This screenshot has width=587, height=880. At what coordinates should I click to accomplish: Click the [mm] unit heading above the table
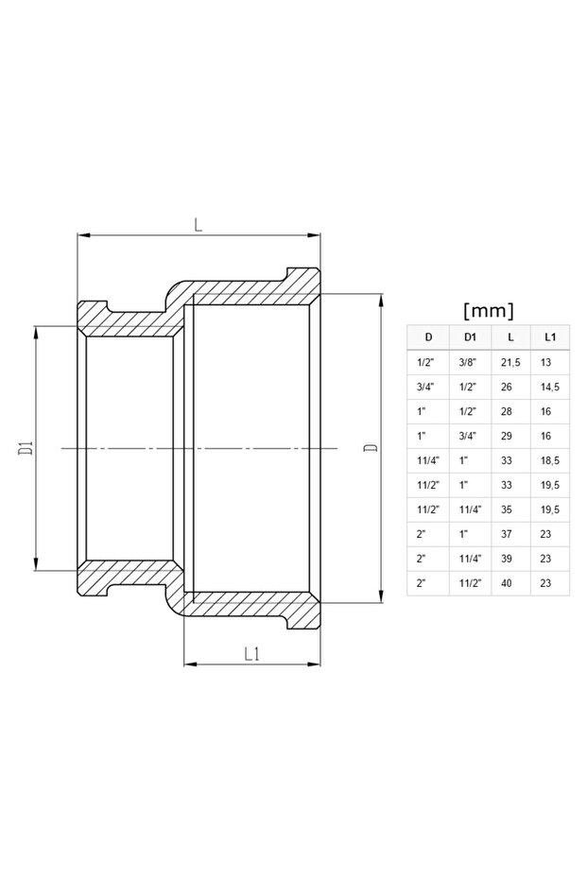tap(489, 309)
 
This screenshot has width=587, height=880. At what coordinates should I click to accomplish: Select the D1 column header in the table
tap(470, 336)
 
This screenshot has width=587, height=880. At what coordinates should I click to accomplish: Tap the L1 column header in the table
tap(549, 336)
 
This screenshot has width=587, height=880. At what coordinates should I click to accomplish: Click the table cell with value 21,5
tap(509, 361)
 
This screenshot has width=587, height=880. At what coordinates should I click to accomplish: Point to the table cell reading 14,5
tap(549, 386)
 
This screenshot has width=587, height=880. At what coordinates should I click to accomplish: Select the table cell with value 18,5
tap(549, 459)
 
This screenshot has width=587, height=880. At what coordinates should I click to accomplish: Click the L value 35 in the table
tap(507, 509)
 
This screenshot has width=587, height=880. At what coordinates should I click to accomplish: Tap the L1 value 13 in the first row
tap(545, 361)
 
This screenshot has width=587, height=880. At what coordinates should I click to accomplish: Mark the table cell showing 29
tap(507, 435)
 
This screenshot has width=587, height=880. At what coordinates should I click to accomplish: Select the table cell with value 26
tap(507, 386)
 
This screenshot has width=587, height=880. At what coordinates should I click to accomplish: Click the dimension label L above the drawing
tap(198, 225)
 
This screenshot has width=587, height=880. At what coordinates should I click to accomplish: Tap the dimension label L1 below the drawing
tap(251, 653)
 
